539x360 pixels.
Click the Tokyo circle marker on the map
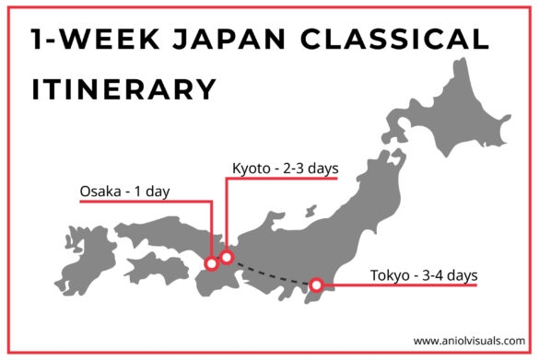pos(316,285)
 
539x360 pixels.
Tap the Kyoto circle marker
pos(227,257)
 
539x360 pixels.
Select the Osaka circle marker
pos(211,264)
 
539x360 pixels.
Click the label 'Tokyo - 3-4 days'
pos(424,274)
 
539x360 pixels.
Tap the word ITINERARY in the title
pos(124,89)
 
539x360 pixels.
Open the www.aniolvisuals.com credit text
pos(469,339)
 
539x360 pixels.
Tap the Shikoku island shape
pos(152,269)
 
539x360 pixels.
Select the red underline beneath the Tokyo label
pos(405,285)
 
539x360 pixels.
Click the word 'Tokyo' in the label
pos(391,274)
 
